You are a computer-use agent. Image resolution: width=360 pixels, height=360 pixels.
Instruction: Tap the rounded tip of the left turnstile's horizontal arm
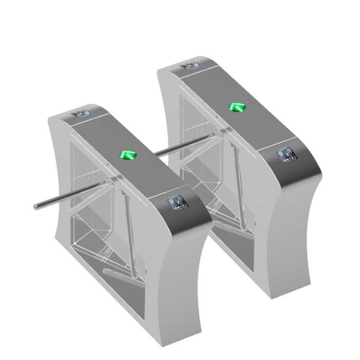[x=37, y=208]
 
